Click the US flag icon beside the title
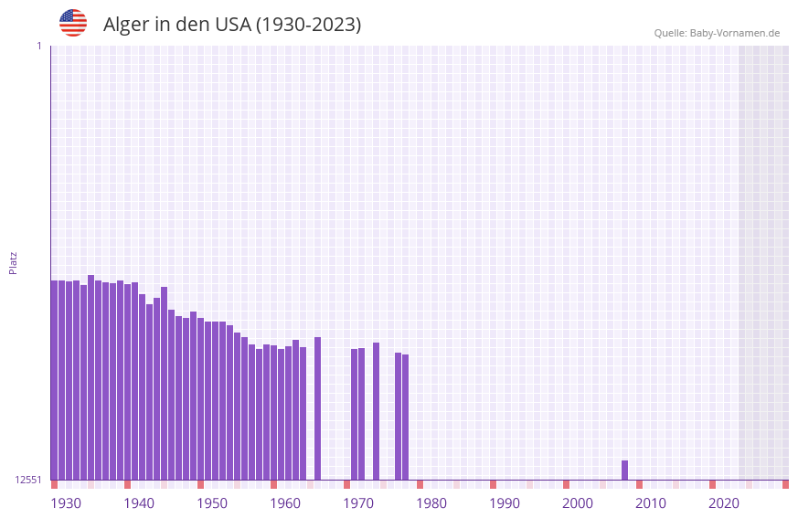tap(73, 23)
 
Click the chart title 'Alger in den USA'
tap(232, 25)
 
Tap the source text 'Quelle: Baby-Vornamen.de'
tap(717, 33)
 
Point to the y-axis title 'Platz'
tap(13, 262)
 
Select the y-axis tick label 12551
tap(28, 480)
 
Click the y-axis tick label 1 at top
tap(38, 46)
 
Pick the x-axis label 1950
tap(212, 503)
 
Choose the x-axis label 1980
tap(431, 503)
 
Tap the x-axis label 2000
tap(578, 503)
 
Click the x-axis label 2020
tap(724, 503)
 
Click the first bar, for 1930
tap(54, 379)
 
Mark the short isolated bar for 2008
tap(624, 470)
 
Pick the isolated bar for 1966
tap(317, 407)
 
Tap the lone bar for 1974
tap(376, 410)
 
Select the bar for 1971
tap(354, 414)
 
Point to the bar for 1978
tap(405, 417)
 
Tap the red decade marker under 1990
tap(493, 484)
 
